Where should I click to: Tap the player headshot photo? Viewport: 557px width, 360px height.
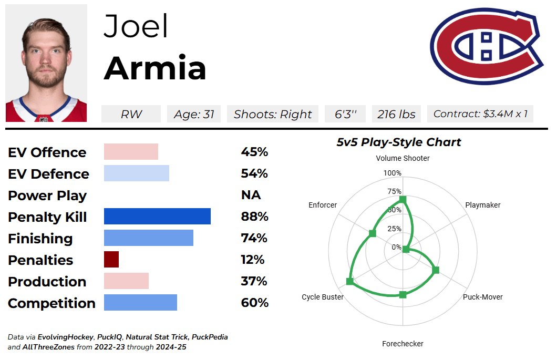tap(46, 63)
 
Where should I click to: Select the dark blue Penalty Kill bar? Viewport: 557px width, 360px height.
tap(157, 217)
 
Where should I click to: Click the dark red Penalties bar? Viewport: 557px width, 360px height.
tap(111, 260)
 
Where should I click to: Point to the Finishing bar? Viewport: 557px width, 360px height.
tap(149, 238)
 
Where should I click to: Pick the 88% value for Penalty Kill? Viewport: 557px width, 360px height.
tap(255, 217)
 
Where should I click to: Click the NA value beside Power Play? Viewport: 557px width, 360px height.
tap(251, 195)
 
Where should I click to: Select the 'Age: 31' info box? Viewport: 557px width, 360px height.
tap(194, 114)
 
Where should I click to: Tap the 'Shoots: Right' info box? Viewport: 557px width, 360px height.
tap(273, 114)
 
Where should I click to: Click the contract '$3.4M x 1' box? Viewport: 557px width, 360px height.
tap(480, 114)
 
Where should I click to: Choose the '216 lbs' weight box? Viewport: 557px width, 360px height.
tap(396, 114)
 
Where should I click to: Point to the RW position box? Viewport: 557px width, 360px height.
tap(131, 114)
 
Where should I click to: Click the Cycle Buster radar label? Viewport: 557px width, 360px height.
tap(323, 297)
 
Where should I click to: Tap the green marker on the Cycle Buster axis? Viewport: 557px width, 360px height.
tap(350, 282)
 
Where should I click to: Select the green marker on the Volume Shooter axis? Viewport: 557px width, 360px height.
tap(403, 200)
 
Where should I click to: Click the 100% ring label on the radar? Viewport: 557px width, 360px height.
tap(392, 173)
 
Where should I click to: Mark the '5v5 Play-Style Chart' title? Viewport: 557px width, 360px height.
tap(399, 142)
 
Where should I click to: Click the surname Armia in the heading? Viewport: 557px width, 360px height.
tap(155, 68)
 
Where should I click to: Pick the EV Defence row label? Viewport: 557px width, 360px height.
tap(48, 174)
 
